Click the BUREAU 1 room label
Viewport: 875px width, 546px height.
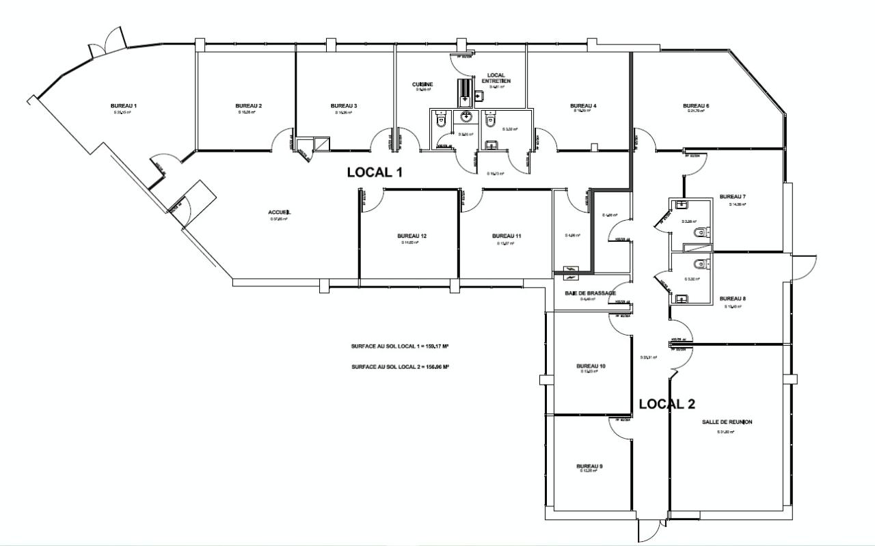click(124, 106)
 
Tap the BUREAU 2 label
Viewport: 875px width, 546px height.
click(249, 106)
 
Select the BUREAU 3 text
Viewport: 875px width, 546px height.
click(344, 106)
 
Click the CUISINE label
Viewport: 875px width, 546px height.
click(422, 85)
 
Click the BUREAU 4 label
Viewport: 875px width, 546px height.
click(583, 106)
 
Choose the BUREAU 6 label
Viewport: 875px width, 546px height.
click(696, 106)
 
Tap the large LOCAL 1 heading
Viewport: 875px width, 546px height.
click(374, 172)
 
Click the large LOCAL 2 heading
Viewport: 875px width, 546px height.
click(667, 404)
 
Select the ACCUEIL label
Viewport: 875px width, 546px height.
click(280, 213)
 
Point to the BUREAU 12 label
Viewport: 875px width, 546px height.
click(412, 236)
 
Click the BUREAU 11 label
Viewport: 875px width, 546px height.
click(507, 236)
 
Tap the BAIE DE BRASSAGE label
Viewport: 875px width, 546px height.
click(590, 293)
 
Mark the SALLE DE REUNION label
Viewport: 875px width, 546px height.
click(727, 422)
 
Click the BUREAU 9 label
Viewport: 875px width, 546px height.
click(590, 467)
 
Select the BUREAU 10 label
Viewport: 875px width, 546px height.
click(591, 366)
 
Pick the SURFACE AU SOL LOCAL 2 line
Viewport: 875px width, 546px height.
click(399, 367)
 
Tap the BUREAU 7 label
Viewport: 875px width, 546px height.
click(732, 197)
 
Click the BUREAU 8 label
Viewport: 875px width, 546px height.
click(732, 299)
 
